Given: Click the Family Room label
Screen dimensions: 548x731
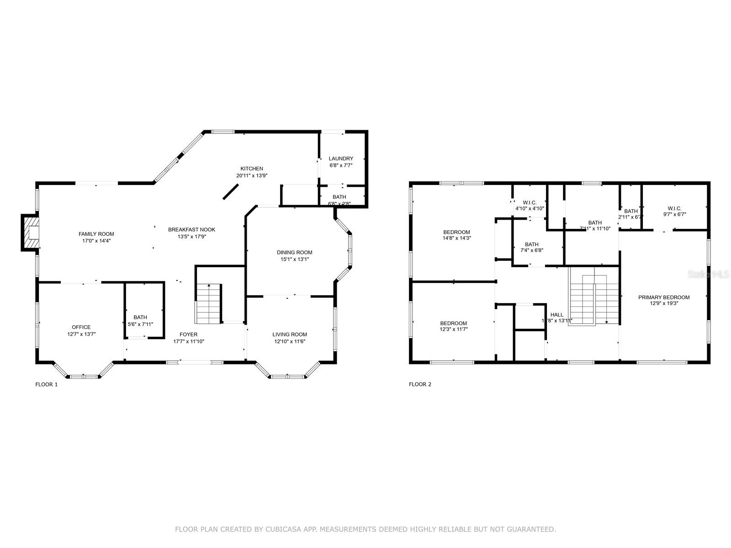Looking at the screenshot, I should (x=96, y=234).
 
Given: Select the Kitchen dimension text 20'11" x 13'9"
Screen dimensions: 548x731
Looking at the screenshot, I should (x=252, y=175).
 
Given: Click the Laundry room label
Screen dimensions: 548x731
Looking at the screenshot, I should (x=341, y=158).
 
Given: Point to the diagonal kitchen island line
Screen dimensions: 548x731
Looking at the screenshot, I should (x=231, y=191).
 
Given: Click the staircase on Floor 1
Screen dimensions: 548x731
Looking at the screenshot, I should (x=209, y=303).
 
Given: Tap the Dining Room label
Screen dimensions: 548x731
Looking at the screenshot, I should (x=294, y=252).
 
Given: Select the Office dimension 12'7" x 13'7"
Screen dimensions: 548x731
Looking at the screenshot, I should (x=81, y=334).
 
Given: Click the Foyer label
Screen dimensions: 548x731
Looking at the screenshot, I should (x=188, y=334).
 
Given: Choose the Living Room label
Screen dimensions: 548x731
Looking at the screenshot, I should (x=290, y=334).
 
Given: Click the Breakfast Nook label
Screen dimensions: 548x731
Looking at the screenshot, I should (x=191, y=229).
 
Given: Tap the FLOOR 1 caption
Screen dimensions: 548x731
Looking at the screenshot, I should (x=47, y=385).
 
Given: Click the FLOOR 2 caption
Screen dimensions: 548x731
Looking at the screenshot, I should (x=420, y=385).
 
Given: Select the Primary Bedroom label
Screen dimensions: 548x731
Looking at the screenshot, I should (x=664, y=297).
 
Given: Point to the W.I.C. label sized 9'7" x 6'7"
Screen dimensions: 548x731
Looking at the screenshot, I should (x=674, y=208).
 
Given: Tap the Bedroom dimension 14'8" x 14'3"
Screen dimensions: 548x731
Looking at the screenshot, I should (x=456, y=238).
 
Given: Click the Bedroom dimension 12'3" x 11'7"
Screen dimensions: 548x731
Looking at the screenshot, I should (x=453, y=329).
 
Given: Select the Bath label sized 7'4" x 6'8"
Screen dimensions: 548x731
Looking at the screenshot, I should (x=531, y=244).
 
